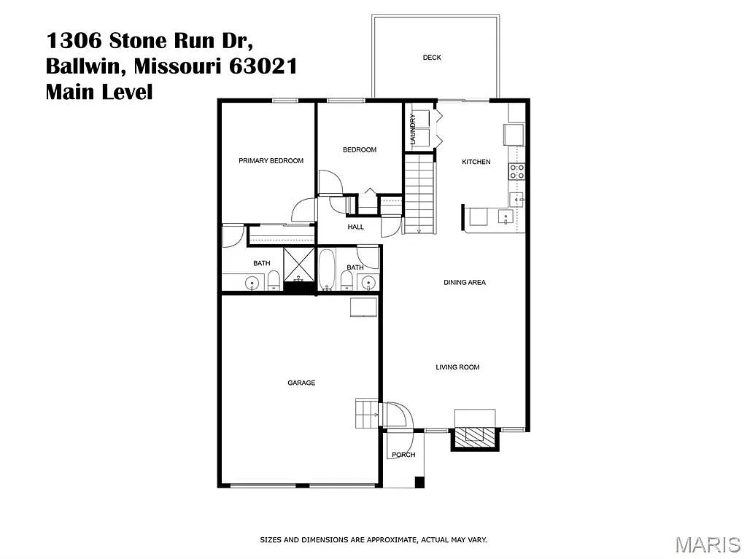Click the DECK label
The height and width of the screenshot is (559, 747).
432,58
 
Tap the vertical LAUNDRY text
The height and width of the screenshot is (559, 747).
413,130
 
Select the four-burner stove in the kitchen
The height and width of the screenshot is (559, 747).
517,172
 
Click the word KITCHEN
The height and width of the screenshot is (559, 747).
476,162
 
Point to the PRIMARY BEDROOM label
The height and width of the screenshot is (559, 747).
271,161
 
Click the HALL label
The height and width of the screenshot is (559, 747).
355,227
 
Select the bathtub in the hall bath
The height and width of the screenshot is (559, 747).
326,269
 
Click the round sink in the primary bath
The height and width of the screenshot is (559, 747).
253,283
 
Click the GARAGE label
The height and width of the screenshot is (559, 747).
301,383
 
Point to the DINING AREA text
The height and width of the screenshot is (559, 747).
465,282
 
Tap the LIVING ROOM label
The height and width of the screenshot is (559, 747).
457,367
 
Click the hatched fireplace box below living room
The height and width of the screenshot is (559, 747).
475,435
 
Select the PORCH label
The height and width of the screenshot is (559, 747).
403,455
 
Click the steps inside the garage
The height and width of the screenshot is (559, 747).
365,414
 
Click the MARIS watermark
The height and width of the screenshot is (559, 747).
708,544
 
